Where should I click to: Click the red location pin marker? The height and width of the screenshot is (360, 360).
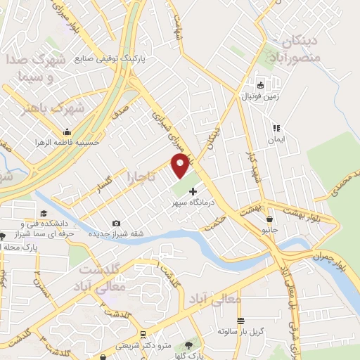(181, 166)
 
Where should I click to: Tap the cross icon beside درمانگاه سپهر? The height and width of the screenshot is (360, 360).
(193, 191)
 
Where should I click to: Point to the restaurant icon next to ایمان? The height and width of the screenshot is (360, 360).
(276, 129)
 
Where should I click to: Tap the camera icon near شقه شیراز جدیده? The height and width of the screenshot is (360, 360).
(116, 223)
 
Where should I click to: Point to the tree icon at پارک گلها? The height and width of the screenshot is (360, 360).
(188, 345)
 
